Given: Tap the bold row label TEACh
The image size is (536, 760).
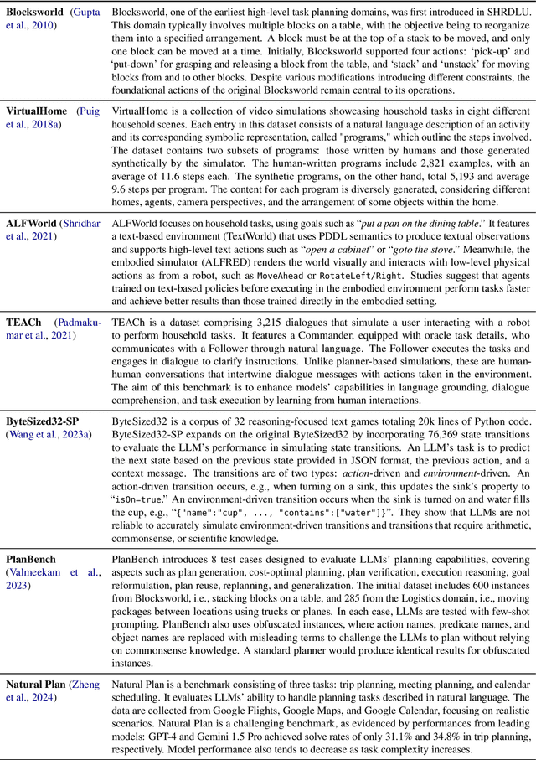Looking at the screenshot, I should [x=25, y=323].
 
